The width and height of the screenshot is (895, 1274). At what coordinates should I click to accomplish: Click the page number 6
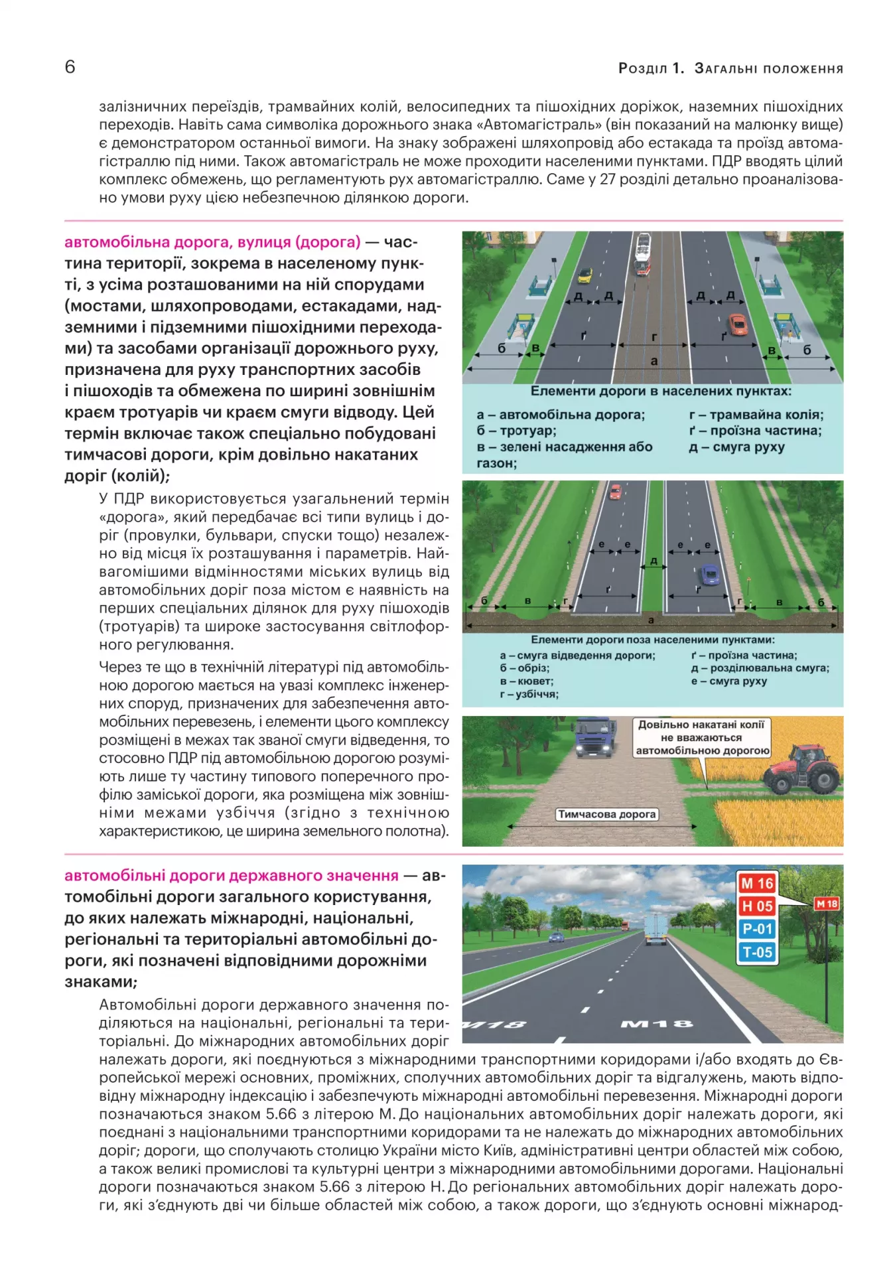[70, 67]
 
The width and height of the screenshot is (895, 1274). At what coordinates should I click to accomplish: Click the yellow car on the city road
[585, 274]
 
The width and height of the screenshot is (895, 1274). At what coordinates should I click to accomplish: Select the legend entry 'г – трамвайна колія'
[756, 415]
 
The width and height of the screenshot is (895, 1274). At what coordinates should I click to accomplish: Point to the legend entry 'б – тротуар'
[516, 431]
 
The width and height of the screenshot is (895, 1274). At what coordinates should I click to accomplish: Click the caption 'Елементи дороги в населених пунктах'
[660, 391]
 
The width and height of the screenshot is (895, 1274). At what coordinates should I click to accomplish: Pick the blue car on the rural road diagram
[709, 573]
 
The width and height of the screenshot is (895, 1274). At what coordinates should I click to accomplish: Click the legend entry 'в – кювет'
[527, 681]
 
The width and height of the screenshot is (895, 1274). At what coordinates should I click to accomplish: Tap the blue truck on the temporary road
[594, 737]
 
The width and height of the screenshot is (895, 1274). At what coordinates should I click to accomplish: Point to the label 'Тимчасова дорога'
[606, 814]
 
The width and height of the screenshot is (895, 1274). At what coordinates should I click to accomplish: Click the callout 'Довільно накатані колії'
[702, 737]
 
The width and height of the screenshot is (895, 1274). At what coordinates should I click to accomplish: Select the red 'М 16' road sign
[757, 883]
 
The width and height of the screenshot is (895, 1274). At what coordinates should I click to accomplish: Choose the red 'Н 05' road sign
[757, 906]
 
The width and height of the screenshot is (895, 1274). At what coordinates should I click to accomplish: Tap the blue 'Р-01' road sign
[757, 929]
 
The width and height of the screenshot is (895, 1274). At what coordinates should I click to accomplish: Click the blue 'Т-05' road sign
[757, 952]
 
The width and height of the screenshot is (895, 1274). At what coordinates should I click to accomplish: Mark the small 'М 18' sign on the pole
[827, 904]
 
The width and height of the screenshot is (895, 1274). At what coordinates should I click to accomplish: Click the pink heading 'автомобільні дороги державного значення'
[232, 876]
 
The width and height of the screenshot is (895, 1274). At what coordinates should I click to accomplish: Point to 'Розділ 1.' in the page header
[650, 68]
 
